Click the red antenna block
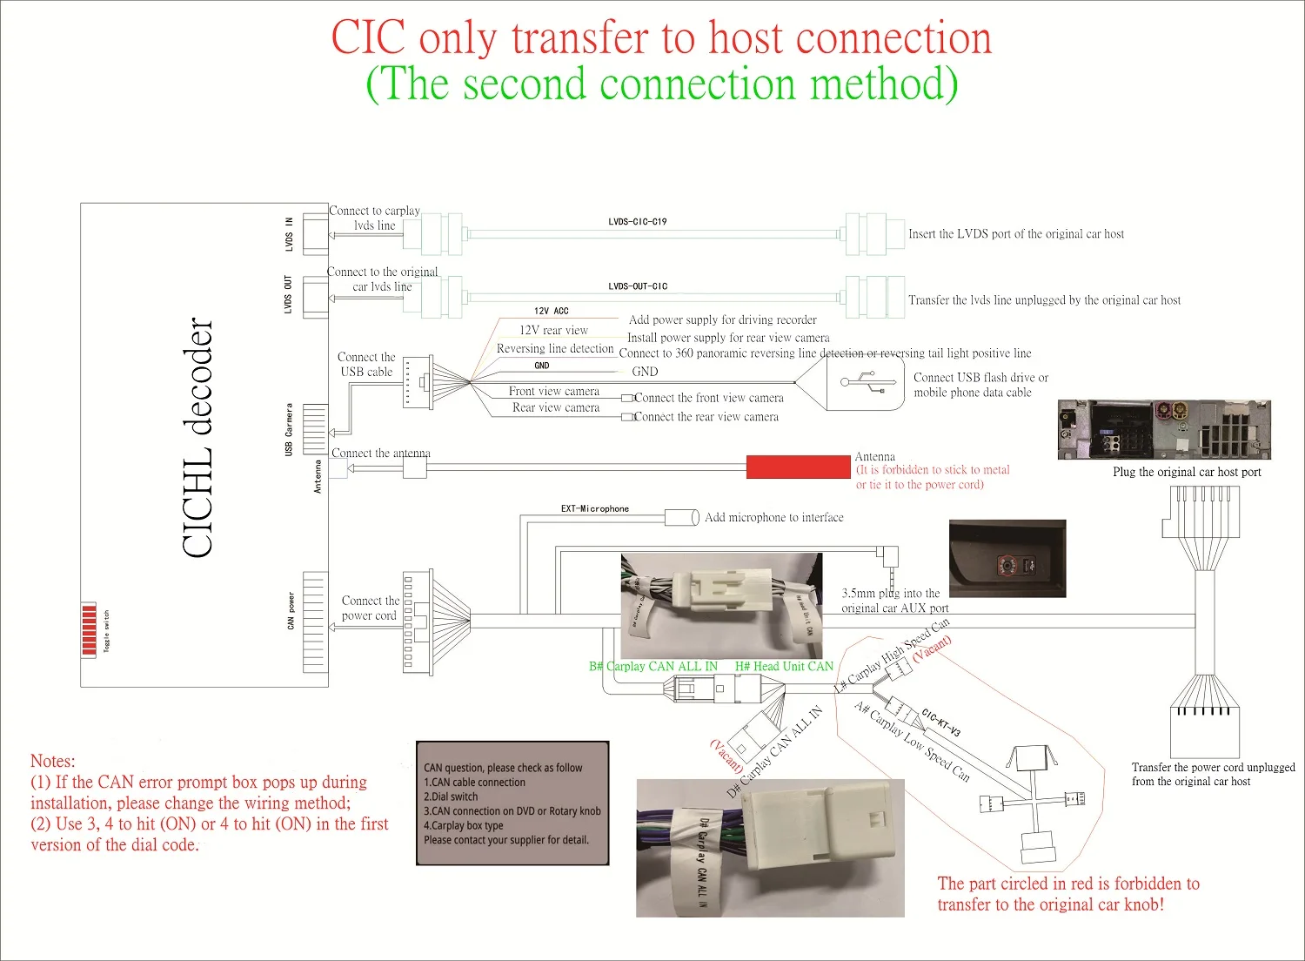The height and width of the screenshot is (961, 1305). point(798,467)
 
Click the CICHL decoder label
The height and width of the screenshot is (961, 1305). point(198,437)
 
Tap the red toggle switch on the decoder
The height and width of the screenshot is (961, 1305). point(88,628)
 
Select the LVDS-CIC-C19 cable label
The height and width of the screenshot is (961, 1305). point(637,222)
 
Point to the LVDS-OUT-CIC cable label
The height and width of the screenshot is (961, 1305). point(638,286)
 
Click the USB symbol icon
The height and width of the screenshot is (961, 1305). point(867,381)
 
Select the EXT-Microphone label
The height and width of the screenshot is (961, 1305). point(594,509)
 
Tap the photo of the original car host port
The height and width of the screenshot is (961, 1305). point(1164,430)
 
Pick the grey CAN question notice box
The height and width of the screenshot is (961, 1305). point(512,803)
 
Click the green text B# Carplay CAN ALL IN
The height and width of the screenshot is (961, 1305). point(653,667)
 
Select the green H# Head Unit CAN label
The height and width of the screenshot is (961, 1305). point(784,667)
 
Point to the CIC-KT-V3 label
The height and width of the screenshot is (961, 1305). point(940,722)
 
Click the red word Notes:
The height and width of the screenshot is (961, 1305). point(52,761)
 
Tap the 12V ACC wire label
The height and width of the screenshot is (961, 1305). point(551,311)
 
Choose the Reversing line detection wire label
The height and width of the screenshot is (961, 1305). point(555,349)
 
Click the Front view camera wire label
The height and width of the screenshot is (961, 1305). point(554,392)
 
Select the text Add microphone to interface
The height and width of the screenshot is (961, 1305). point(773,518)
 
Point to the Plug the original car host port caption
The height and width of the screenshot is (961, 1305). point(1186,473)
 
